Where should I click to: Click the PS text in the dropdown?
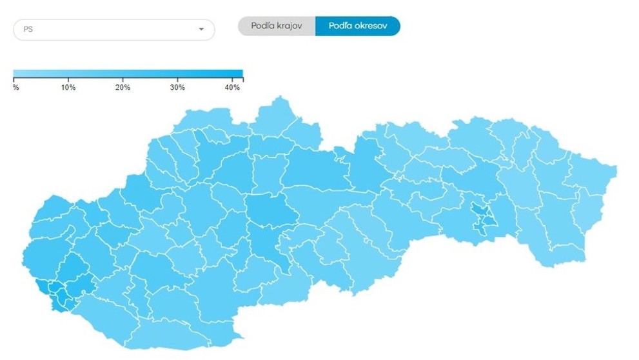point(28,30)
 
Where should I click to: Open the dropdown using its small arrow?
point(201,30)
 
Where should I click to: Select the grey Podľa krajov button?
point(277,26)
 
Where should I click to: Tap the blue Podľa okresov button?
point(357,26)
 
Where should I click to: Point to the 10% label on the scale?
point(68,87)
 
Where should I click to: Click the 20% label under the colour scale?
point(123,87)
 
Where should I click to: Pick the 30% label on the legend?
point(177,87)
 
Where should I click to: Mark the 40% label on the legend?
point(232,87)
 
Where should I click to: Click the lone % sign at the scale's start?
point(15,87)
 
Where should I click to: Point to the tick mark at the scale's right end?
point(242,80)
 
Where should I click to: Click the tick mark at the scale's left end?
point(14,80)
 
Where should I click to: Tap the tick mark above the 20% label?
point(123,80)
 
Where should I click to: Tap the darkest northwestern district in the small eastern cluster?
point(478,210)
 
